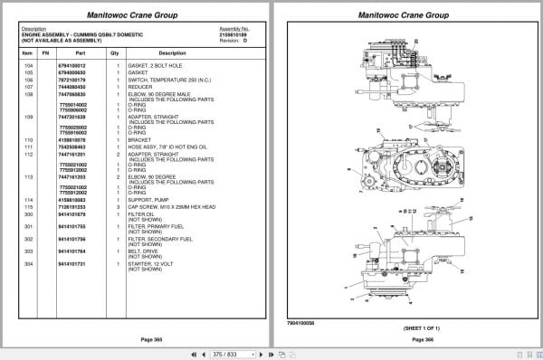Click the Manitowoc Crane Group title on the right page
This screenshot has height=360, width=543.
click(x=405, y=15)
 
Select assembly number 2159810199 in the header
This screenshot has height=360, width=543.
click(x=233, y=33)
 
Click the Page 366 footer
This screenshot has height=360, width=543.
click(x=405, y=338)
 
